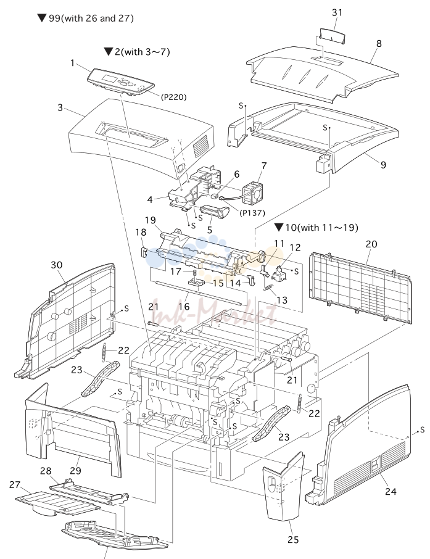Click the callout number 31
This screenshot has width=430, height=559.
(x=337, y=12)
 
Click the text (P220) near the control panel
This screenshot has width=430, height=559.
(x=173, y=97)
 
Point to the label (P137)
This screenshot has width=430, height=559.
(x=252, y=213)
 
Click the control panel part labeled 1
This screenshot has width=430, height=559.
(x=122, y=82)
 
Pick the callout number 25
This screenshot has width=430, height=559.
(x=292, y=540)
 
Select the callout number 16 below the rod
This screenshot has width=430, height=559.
(x=184, y=306)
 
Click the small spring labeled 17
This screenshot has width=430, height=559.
(x=195, y=273)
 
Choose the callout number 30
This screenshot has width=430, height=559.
(x=57, y=265)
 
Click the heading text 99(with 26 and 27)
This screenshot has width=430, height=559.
(x=91, y=18)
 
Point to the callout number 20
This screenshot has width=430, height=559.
(x=371, y=244)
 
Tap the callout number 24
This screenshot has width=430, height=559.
(x=391, y=491)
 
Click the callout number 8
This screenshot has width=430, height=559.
(x=379, y=43)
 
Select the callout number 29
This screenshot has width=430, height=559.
(x=76, y=471)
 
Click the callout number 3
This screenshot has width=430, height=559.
(x=60, y=107)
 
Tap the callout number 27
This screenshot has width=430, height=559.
(x=15, y=485)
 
